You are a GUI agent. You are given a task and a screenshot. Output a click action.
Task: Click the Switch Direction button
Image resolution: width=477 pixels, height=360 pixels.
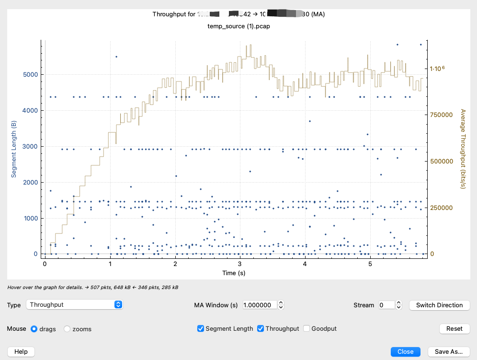[x=439, y=305]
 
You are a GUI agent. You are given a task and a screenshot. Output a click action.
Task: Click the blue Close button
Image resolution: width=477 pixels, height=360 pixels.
[x=405, y=351]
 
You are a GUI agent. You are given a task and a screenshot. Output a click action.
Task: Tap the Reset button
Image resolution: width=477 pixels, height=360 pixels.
[x=454, y=328]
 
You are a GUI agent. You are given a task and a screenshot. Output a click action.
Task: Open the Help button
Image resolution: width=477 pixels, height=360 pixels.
[x=21, y=351]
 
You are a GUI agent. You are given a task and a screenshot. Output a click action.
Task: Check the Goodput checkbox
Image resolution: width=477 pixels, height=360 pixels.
[x=307, y=329]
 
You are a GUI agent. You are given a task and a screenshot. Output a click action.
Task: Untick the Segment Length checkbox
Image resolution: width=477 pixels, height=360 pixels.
[x=201, y=329]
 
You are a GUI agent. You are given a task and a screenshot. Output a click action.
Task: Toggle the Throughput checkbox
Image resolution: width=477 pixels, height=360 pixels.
[x=261, y=329]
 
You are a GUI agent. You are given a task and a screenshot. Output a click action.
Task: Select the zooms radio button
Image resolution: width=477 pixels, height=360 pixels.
[x=67, y=329]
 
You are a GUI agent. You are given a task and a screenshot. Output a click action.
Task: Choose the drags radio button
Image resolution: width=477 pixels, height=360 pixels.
[x=34, y=329]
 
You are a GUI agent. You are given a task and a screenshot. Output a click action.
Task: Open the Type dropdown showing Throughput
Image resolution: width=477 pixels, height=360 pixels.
[x=75, y=304]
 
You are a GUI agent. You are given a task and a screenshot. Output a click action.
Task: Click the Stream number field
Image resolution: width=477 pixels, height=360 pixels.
[x=386, y=305]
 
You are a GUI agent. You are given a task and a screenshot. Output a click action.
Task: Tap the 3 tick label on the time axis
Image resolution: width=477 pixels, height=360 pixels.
[x=240, y=264]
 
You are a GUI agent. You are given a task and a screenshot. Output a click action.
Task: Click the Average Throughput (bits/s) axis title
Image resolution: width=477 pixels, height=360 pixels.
[x=463, y=149]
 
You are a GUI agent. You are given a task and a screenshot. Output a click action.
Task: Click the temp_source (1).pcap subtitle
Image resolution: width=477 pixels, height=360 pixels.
[x=238, y=26]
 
